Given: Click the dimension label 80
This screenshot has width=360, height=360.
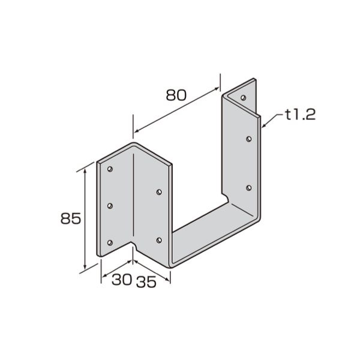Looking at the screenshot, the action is click(176, 95).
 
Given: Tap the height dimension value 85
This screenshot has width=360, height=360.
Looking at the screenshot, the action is click(71, 218).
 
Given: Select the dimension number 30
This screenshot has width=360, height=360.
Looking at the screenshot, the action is click(122, 280).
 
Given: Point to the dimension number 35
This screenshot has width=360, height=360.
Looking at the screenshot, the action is click(146, 282).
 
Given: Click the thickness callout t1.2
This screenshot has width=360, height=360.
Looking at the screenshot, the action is click(301, 115).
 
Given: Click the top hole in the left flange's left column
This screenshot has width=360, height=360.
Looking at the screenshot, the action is click(110, 169).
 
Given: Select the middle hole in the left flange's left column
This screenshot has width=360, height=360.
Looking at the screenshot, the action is click(110, 206).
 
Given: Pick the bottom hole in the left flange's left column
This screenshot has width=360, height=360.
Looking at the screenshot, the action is click(110, 242).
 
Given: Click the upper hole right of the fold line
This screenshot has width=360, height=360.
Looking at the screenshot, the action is click(159, 192).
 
